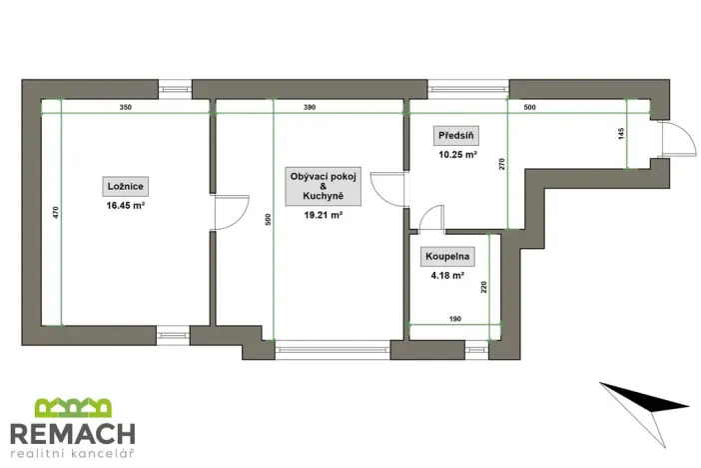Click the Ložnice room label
coord(126,186)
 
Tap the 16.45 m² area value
coord(126,205)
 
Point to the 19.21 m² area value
coord(323,214)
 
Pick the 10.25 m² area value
coord(456,155)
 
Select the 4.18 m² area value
coord(445,275)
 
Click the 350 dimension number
coord(125,107)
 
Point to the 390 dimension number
coord(310,107)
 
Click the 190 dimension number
coord(454,318)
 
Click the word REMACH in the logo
coord(72,434)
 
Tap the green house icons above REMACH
coord(73,408)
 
